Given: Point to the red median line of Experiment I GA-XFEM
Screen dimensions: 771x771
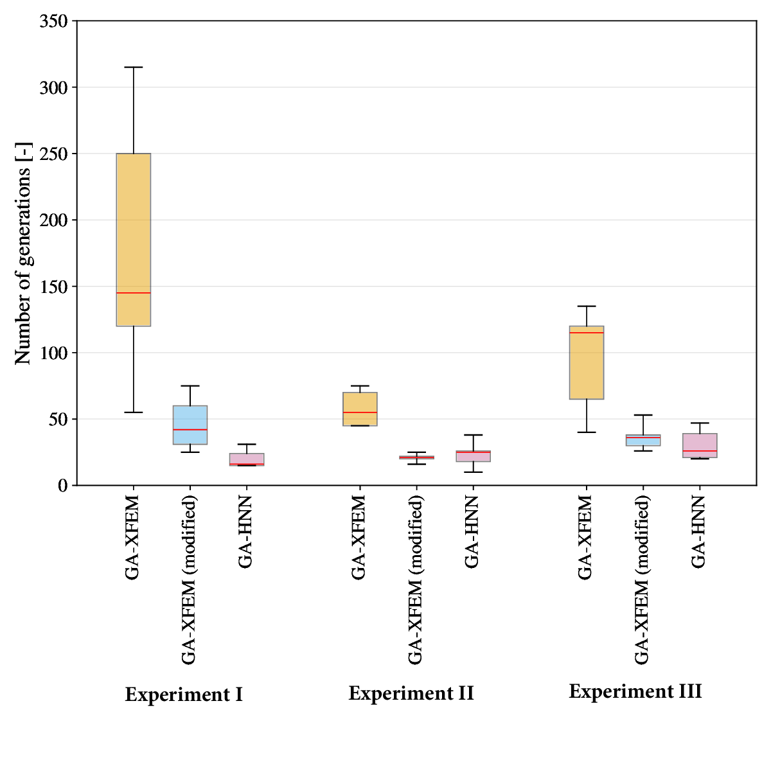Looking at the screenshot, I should (134, 293).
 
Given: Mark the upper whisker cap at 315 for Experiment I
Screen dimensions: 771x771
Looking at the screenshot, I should (134, 67).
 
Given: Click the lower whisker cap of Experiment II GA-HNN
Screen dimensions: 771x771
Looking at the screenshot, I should (474, 472).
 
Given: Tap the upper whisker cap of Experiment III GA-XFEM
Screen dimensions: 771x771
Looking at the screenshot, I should (587, 306).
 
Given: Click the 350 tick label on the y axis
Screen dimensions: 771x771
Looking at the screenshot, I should (53, 21).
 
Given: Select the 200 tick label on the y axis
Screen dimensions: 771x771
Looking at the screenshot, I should (53, 220).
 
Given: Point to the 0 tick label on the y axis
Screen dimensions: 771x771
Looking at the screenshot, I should (62, 486).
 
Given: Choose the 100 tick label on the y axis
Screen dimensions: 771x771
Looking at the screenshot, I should (53, 353).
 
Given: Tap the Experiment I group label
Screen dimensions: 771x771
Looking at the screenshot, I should (184, 695).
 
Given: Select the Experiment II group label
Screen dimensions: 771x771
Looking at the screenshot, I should (411, 693).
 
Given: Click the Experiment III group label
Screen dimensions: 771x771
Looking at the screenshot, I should (635, 691).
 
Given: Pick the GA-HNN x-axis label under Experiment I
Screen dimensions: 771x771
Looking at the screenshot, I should (245, 532).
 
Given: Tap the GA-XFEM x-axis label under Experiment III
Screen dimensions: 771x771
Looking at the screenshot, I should (585, 538).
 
